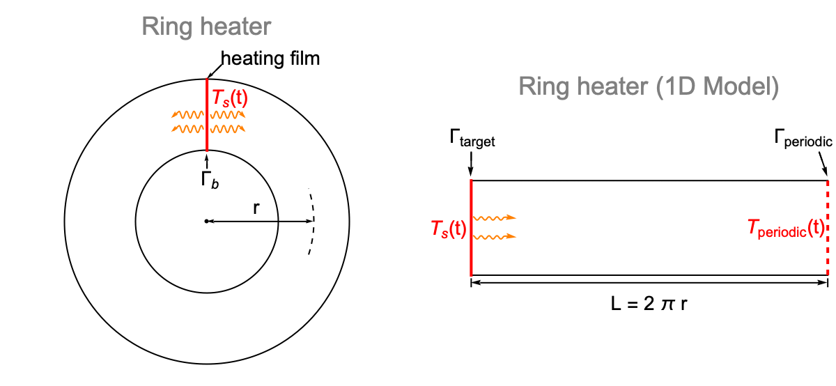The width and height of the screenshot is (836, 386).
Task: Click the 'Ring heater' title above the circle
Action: click(206, 27)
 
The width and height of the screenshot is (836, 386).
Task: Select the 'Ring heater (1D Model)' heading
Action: click(648, 86)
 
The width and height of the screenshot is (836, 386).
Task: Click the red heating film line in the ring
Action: click(207, 115)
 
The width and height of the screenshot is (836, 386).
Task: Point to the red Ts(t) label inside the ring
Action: click(229, 100)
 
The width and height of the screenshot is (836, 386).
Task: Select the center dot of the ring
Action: click(207, 222)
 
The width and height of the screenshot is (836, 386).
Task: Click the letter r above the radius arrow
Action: click(258, 208)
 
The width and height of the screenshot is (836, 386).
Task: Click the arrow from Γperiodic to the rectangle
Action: click(822, 166)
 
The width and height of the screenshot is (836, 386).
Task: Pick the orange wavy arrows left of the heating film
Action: click(185, 122)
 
